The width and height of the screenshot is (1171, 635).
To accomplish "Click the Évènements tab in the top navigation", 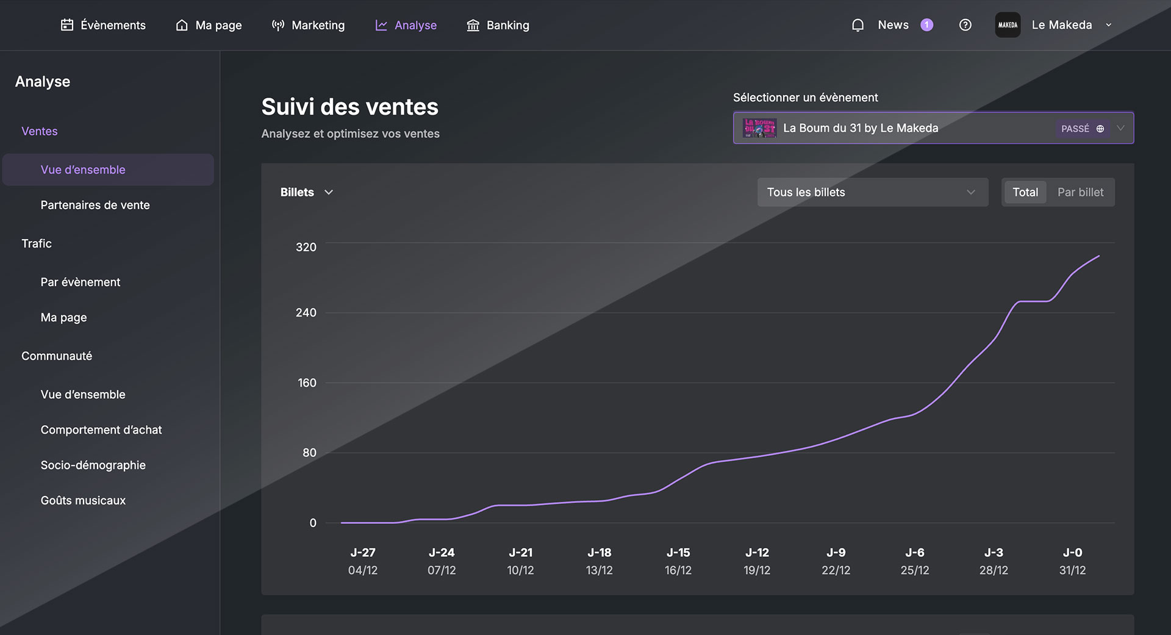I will coord(104,25).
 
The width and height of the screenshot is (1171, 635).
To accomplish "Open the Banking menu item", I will coord(498,25).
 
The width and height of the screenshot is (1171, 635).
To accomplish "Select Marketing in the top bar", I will coord(309,25).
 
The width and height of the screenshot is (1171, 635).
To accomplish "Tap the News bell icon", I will coord(858,25).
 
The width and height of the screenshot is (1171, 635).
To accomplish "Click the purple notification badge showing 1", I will coord(926,25).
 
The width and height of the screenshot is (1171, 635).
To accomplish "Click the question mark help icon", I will coord(965,25).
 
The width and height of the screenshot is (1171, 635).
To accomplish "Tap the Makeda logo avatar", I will coord(1008,25).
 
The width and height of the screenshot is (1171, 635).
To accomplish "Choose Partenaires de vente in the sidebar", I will coord(95,205).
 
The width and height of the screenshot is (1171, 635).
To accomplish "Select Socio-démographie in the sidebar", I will coord(93,465).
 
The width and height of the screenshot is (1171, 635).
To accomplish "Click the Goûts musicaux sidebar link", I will coord(83,500).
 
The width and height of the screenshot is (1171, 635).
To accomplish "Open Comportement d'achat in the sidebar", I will coord(101,429).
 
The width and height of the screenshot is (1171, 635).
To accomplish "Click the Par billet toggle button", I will coord(1080,192).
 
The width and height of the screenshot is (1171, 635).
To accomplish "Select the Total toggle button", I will coord(1025,192).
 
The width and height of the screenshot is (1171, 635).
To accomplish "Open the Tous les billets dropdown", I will coord(872,192).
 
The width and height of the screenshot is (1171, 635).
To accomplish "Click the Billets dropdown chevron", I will coord(329,192).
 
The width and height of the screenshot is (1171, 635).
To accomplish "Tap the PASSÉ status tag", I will coord(1075,129).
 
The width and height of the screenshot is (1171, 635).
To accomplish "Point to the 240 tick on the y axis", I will coord(306,312).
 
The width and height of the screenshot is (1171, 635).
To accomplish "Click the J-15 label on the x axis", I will coord(678,553).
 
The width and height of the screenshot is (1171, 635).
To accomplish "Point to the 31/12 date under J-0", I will coord(1072,570).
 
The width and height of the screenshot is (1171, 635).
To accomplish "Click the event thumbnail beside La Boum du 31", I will coord(759,128).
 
